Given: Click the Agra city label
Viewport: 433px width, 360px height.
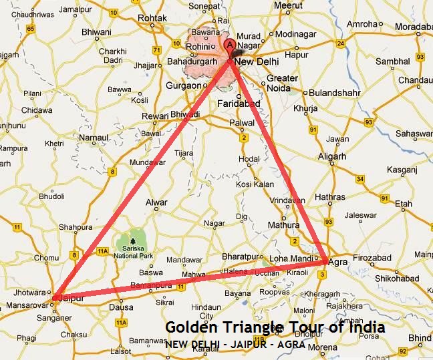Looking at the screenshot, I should coord(339,262).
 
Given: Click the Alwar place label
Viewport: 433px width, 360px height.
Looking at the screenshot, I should coord(156,202).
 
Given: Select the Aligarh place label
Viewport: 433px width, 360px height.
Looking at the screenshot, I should coord(332,156).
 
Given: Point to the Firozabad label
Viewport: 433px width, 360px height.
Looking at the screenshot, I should coord(370,258).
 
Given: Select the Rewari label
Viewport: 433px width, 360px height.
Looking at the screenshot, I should coord(155,116).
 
